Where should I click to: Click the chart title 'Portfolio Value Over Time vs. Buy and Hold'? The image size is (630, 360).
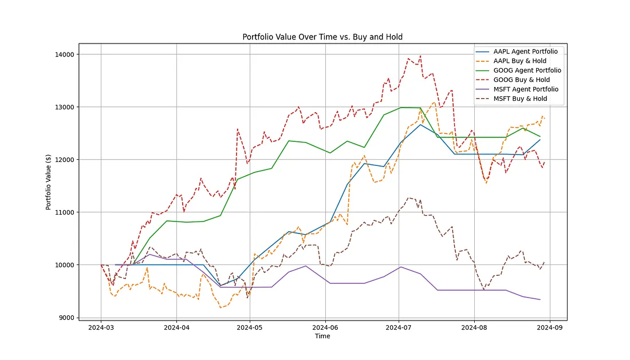coord(322,37)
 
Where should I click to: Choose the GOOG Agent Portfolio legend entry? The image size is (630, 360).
coord(518,70)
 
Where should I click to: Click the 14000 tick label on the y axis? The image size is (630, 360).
coord(65,54)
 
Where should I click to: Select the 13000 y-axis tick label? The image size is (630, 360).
coord(65,107)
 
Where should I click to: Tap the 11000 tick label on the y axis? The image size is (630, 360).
coord(65,212)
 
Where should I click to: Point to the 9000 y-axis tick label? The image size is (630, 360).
coord(66,318)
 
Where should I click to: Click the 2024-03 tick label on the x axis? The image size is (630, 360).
coord(101,327)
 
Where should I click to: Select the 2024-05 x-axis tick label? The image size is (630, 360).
coord(250,327)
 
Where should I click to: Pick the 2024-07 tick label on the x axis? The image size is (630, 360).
coord(399,327)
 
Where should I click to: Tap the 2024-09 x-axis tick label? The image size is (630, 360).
coord(550,327)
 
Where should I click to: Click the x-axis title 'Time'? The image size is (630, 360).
coord(322,337)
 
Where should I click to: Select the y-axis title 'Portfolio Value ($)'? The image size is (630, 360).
coord(48,182)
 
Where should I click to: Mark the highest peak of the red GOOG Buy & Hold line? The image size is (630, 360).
coord(420,56)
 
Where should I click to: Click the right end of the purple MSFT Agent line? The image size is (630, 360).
coord(540,299)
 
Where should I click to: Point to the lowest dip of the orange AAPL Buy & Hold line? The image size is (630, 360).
coord(220,307)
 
